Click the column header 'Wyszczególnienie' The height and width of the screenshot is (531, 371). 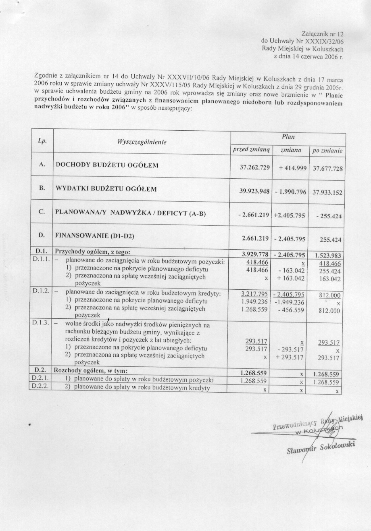point(142,142)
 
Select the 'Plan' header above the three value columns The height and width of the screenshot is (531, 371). point(288,137)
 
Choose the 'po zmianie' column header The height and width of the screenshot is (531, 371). point(327,151)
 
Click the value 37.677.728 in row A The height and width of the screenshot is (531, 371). point(327,169)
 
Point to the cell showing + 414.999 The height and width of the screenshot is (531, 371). point(290,168)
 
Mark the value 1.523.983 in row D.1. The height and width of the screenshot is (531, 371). point(327,255)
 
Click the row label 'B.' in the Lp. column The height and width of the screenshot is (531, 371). point(42,188)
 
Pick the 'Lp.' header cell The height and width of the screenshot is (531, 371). point(42,141)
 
